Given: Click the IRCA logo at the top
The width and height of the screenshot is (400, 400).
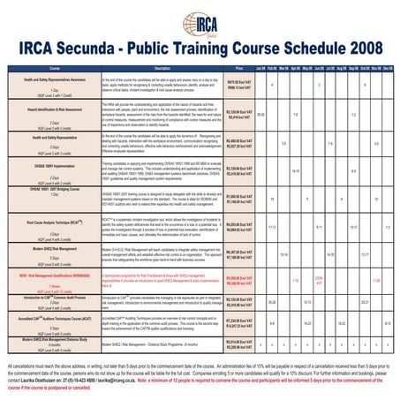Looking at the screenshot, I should (200, 19).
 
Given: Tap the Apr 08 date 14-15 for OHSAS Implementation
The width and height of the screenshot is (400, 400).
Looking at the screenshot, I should (296, 170).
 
